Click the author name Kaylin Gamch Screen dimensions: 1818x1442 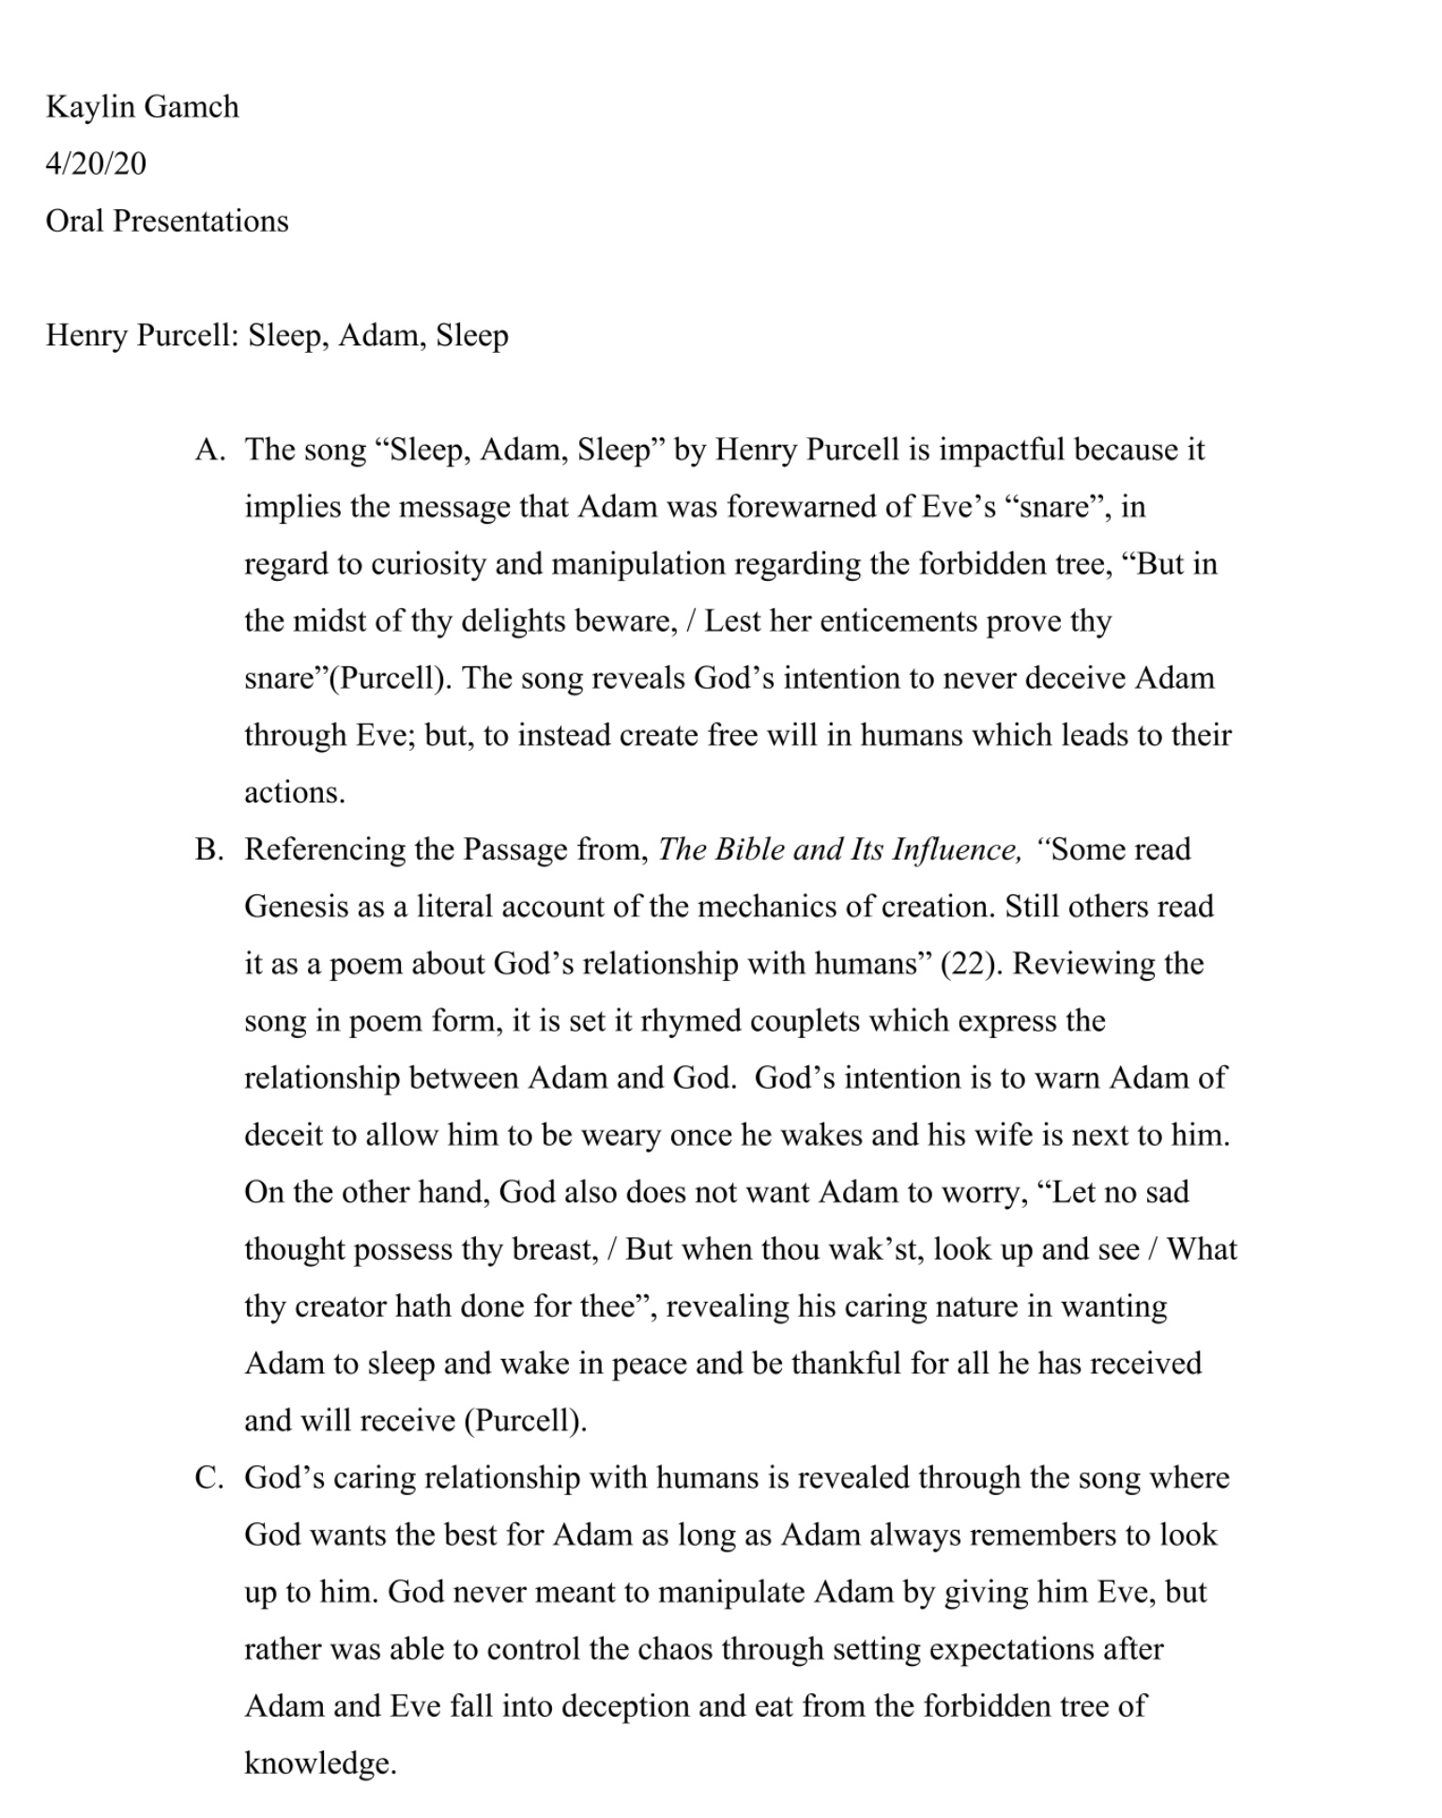[143, 107]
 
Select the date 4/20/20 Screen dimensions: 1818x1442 [96, 164]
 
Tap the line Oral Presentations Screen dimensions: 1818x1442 [167, 222]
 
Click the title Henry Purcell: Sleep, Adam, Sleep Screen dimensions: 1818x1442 [277, 335]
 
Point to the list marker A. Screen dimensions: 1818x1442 [209, 451]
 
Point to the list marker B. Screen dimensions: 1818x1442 [208, 850]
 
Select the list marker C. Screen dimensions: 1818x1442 [208, 1478]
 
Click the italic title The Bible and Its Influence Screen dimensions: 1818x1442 [838, 850]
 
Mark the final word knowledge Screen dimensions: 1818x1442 [319, 1765]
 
